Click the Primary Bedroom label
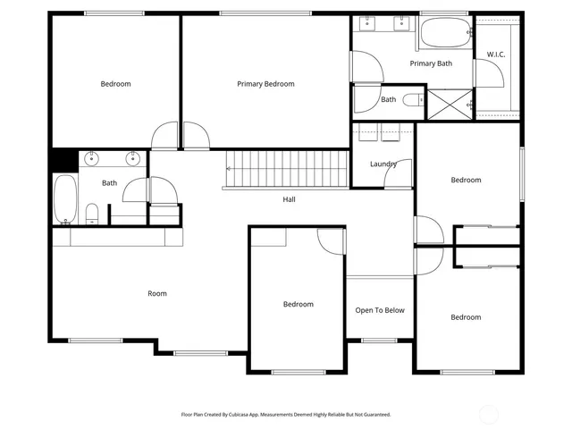pyautogui.click(x=265, y=84)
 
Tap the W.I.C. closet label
pyautogui.click(x=496, y=55)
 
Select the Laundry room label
pyautogui.click(x=383, y=164)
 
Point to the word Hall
pyautogui.click(x=289, y=199)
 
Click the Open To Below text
pyautogui.click(x=380, y=310)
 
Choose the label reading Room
pyautogui.click(x=157, y=293)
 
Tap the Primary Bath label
pyautogui.click(x=432, y=63)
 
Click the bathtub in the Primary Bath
pyautogui.click(x=443, y=35)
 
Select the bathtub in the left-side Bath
pyautogui.click(x=64, y=198)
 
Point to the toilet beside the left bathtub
pyautogui.click(x=92, y=213)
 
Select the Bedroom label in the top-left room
pyautogui.click(x=115, y=84)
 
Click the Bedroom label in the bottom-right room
pyautogui.click(x=466, y=317)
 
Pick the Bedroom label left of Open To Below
pyautogui.click(x=299, y=304)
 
